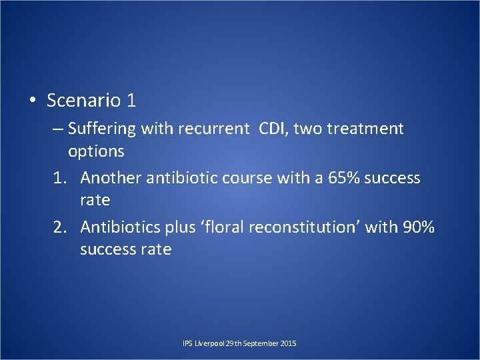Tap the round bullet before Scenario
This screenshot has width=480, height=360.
(32, 101)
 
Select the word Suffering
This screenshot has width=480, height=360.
(102, 128)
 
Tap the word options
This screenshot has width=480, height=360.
(96, 151)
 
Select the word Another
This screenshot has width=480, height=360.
(110, 178)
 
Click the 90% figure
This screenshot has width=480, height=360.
(419, 227)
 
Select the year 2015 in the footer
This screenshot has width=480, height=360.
(288, 343)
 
